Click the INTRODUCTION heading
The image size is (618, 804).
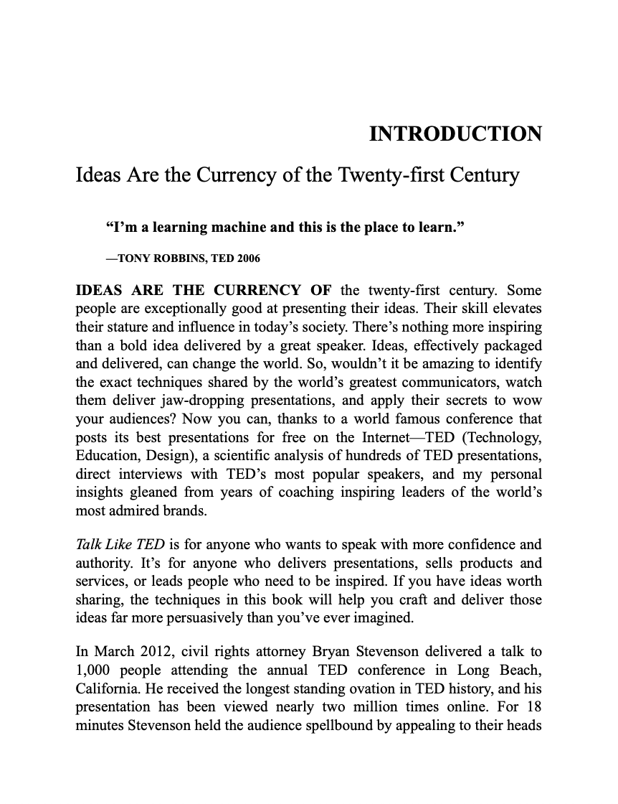(x=455, y=134)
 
